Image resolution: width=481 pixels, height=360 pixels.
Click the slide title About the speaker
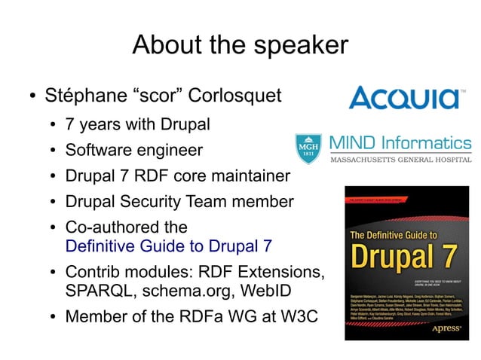240,45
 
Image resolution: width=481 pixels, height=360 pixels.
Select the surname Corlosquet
234,97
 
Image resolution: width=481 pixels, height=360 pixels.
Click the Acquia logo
407,97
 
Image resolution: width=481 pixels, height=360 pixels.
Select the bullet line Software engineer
133,150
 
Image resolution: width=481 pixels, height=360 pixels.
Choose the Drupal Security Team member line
179,202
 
